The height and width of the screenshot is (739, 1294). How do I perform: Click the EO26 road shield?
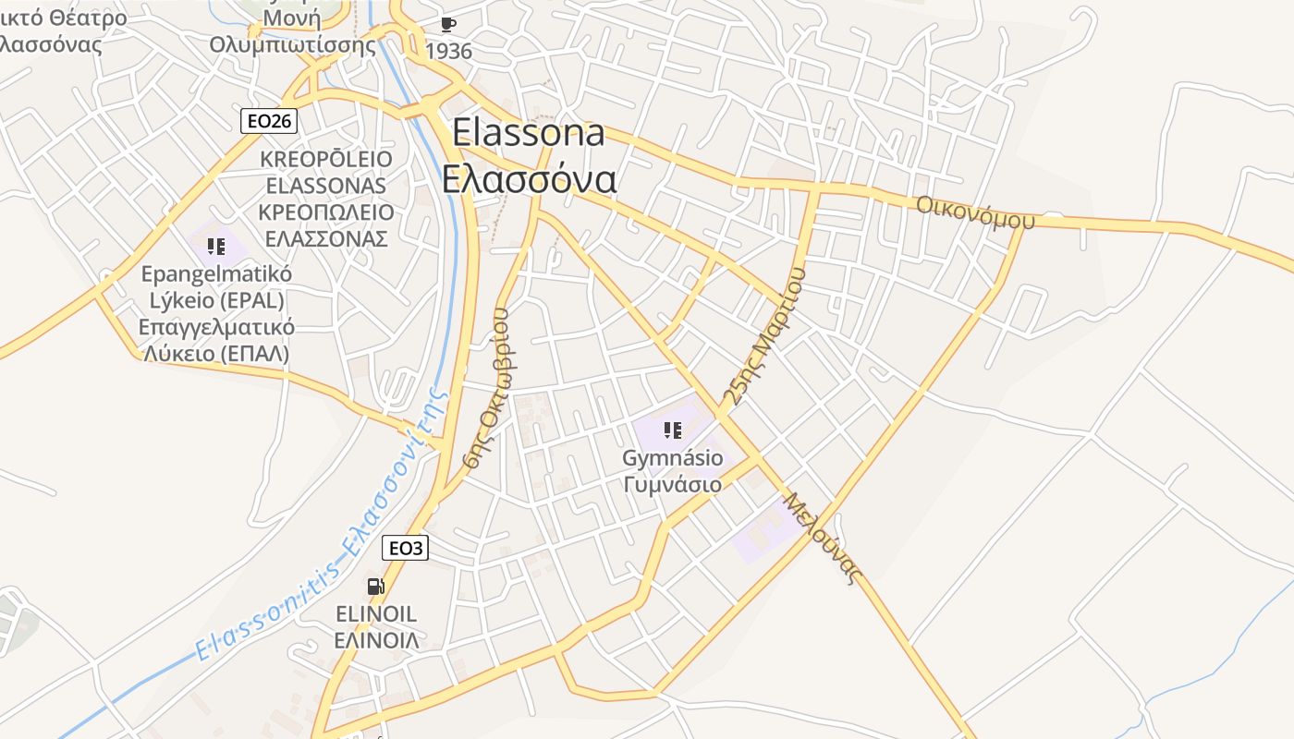pos(269,120)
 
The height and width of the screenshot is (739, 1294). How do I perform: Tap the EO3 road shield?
pos(405,548)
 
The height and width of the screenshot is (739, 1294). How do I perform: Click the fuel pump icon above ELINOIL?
pos(375,587)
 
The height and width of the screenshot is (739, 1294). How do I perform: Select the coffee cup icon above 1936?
pos(448,25)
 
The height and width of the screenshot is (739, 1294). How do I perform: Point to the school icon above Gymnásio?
pos(672,430)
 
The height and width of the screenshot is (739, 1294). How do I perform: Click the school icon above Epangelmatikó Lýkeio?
pos(216,247)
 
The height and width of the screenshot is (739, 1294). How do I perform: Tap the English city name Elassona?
pos(529,133)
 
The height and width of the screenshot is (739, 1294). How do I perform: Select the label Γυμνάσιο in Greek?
pos(672,484)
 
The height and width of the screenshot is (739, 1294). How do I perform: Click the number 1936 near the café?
pos(449,51)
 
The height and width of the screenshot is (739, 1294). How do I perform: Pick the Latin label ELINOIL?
pos(375,614)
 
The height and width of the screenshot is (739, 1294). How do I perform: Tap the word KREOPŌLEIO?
pos(325,159)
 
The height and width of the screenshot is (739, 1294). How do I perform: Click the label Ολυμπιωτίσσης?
pos(292,45)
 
